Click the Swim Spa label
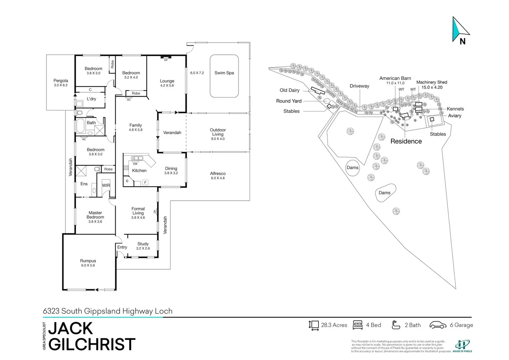coord(224,73)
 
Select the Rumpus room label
coord(88,261)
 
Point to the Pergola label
coord(61,81)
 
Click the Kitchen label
coord(139,171)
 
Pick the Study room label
coord(143,244)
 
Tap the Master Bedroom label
coord(95,215)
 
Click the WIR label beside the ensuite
coord(106,185)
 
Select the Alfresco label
coord(218,174)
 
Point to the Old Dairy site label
coord(290,90)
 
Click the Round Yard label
coord(289,101)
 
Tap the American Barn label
coord(395,78)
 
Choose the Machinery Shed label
coord(432,82)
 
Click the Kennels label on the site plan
coord(455,109)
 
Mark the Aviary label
coord(455,116)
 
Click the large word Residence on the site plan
coord(406,141)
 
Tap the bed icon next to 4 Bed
coord(358,325)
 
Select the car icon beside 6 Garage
coord(438,325)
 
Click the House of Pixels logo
coord(462,346)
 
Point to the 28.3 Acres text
coord(334,325)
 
